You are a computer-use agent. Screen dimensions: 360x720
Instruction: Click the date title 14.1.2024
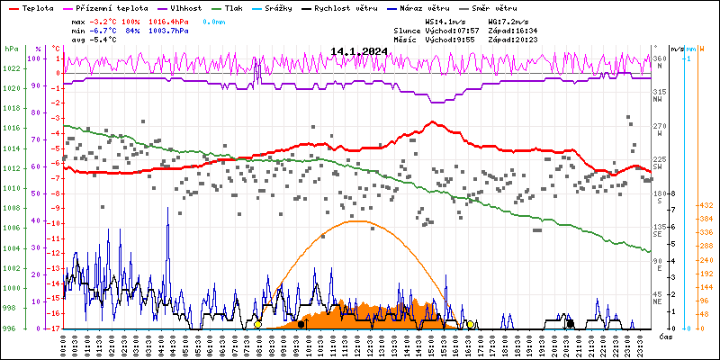click(359, 50)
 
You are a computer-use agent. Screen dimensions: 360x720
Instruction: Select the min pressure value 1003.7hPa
click(168, 30)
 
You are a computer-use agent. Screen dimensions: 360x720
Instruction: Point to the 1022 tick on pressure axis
click(12, 68)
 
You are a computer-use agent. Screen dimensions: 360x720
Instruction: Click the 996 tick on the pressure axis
click(12, 328)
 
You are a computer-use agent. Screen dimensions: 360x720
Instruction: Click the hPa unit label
click(12, 49)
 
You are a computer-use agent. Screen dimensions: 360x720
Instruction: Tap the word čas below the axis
click(666, 337)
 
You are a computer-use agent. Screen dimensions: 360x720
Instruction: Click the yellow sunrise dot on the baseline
click(257, 324)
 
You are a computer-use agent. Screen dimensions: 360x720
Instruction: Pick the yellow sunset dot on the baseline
click(470, 324)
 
